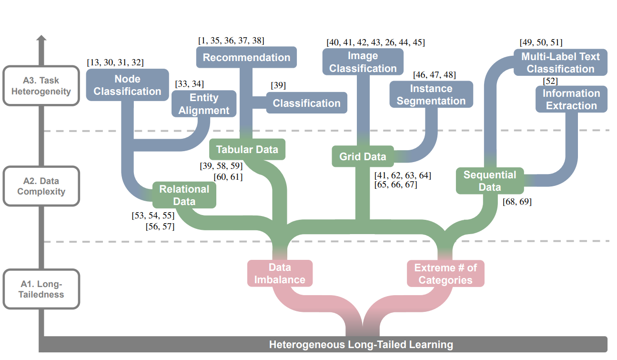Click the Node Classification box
127,85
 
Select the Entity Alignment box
203,104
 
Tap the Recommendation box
246,58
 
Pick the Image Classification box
363,62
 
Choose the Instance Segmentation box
431,94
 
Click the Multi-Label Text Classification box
560,62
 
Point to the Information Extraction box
571,99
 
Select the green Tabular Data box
247,149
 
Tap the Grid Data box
363,156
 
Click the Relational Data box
184,195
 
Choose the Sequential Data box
489,181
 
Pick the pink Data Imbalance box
280,273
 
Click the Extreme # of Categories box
445,273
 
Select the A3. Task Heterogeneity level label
40,86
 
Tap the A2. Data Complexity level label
40,186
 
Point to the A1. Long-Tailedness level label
40,289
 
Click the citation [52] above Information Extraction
550,81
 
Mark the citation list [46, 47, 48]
434,75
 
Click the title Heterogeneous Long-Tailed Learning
361,344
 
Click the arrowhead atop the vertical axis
41,38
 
